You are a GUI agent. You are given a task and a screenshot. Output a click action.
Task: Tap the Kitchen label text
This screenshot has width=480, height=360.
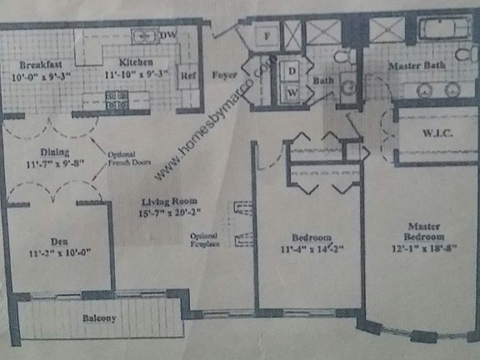(x=133, y=62)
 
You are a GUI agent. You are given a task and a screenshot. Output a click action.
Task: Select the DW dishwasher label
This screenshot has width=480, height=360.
(x=167, y=35)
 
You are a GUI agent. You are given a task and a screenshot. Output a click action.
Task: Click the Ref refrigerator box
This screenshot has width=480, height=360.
(x=188, y=72)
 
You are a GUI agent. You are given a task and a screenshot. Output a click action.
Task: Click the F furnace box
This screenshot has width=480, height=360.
(x=259, y=37)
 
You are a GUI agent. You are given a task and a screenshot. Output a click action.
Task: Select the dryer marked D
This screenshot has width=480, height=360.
(x=292, y=72)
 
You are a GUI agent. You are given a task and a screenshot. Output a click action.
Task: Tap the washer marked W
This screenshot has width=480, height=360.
(x=292, y=93)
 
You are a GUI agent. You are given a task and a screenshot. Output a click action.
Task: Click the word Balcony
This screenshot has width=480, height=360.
(x=98, y=318)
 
